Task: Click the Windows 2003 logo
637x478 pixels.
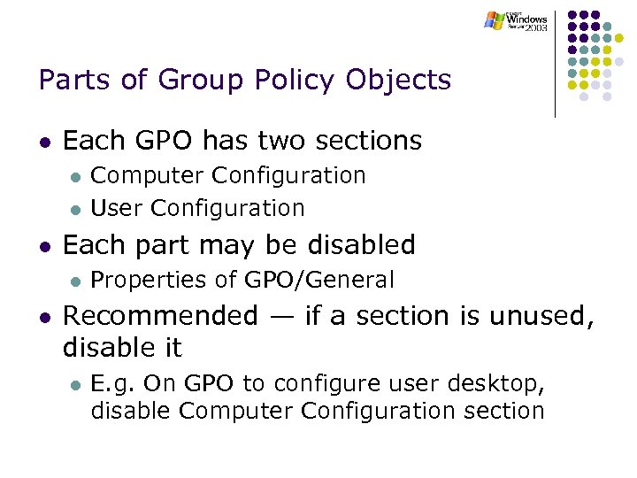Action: pos(517,21)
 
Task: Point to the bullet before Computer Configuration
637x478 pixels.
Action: pos(76,177)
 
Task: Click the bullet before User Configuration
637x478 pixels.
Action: pos(76,210)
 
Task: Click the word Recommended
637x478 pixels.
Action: pos(159,315)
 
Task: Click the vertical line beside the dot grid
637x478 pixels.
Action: pos(555,63)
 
